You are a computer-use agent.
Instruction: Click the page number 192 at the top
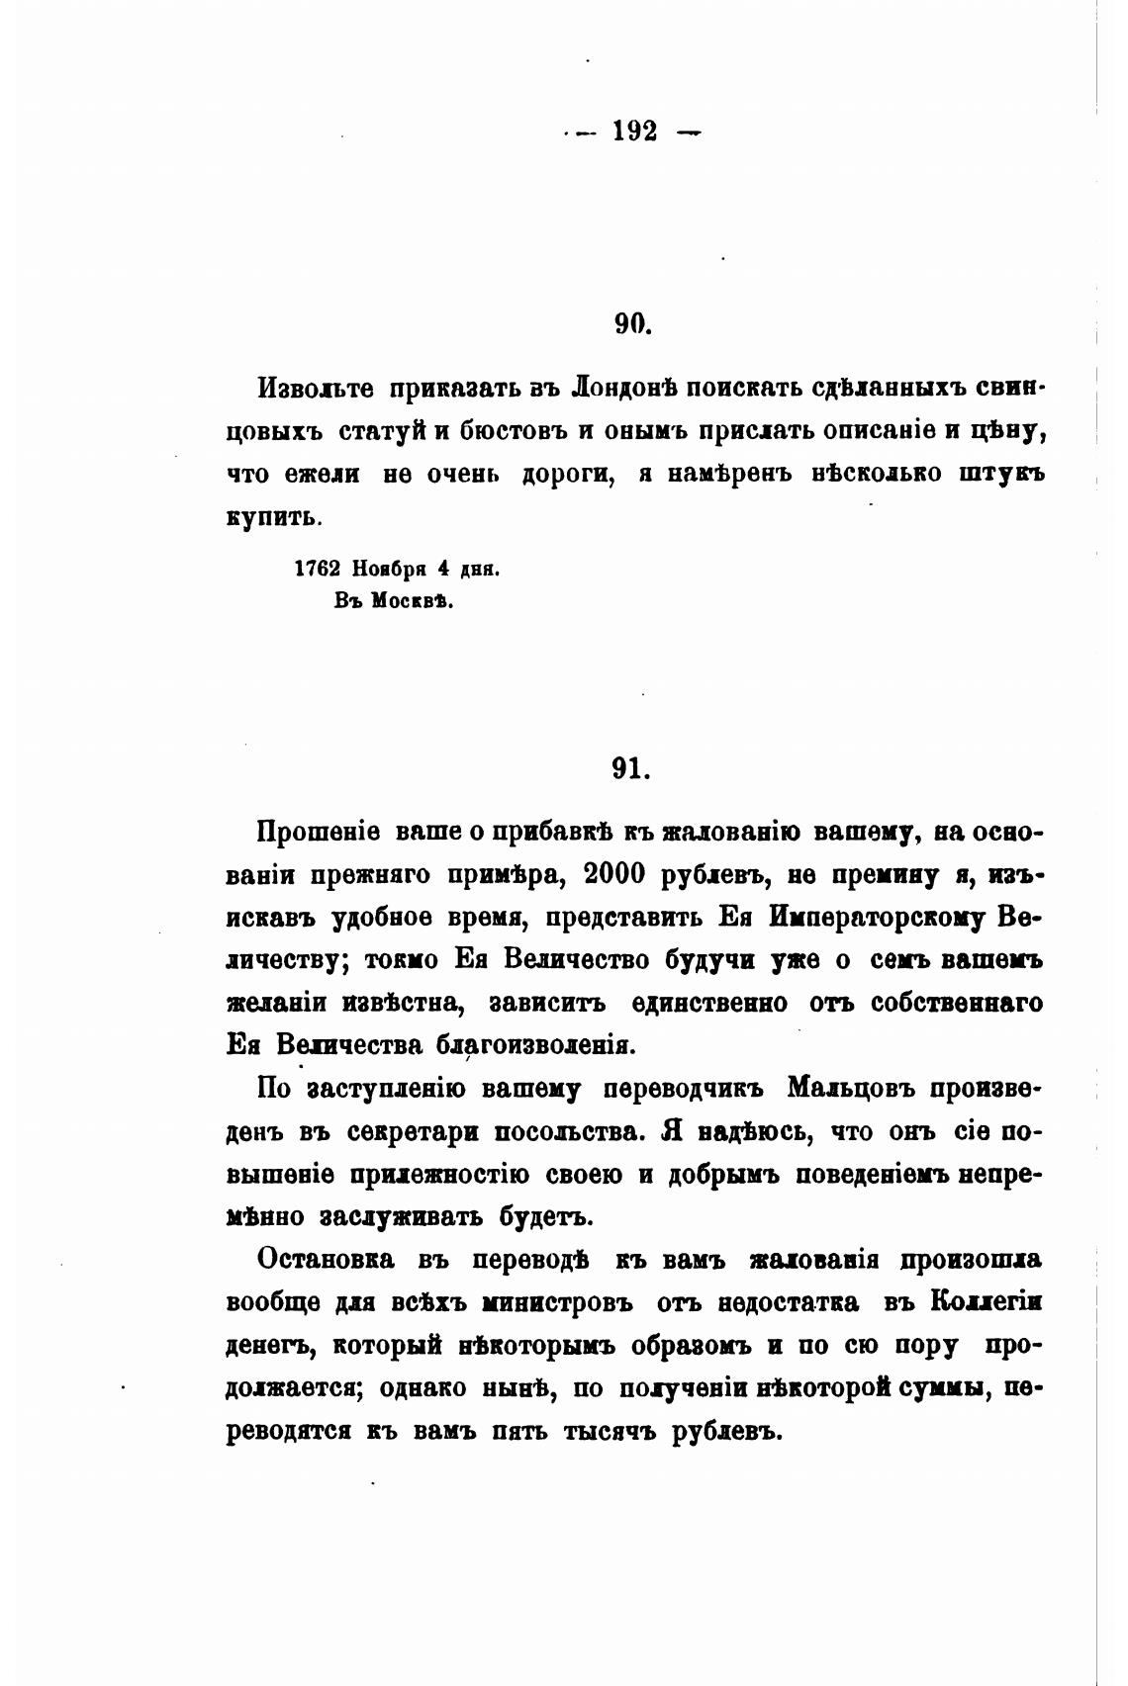[634, 132]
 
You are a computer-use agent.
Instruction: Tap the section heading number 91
[630, 769]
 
